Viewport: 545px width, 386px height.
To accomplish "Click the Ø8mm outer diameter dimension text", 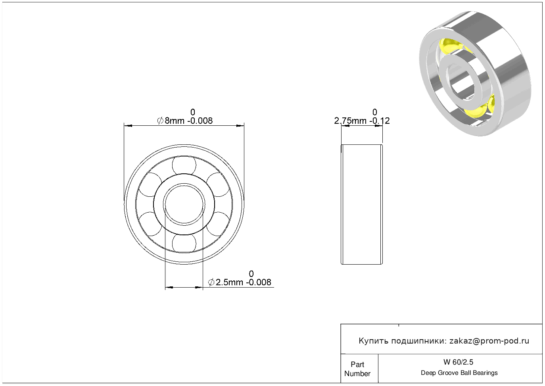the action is click(185, 121).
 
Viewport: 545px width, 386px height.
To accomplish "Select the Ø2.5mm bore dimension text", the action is click(240, 282).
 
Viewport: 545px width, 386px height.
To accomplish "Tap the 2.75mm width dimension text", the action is click(362, 121).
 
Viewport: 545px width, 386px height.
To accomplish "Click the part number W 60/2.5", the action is click(459, 362).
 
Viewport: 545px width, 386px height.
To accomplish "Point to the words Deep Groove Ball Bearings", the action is click(459, 373).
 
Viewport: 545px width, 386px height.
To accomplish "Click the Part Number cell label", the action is click(357, 369).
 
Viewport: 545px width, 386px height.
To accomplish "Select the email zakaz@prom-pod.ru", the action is click(489, 341).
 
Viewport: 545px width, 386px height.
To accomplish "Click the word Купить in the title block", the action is click(374, 341).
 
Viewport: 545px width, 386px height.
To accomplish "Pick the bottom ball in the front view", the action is click(184, 244).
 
